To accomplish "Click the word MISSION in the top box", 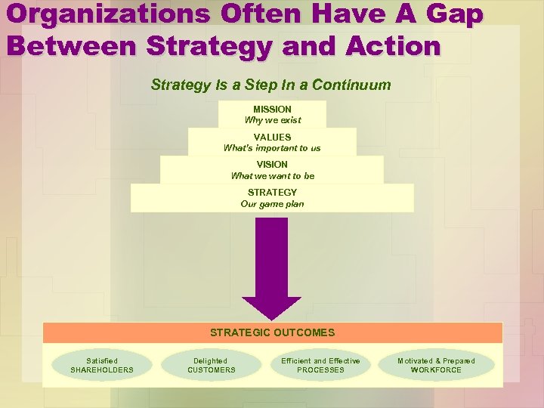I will pos(272,110).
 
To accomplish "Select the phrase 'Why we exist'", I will pos(272,120).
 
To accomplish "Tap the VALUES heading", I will pos(272,138).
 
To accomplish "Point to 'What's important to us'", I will pos(272,148).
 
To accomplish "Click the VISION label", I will pos(272,165).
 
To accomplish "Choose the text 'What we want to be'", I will pos(272,176).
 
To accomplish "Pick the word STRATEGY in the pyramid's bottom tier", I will pos(272,193).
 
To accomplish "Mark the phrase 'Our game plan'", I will pos(272,204).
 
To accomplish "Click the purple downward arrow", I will pos(272,264).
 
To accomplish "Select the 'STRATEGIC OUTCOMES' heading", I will pos(272,332).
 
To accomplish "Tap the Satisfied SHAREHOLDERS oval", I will pos(102,366).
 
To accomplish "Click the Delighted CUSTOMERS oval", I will pos(211,366).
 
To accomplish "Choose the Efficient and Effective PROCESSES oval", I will pos(320,366).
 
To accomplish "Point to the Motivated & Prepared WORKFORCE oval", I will pos(436,366).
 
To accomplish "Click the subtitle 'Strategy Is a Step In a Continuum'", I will pos(271,85).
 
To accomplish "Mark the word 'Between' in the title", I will pos(70,45).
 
